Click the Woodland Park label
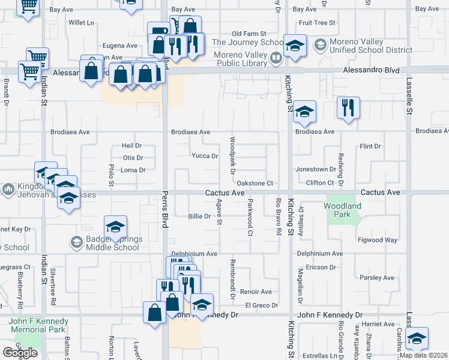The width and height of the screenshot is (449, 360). [342, 210]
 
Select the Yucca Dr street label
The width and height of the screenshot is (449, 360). [204, 156]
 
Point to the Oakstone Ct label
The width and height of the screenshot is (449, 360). [255, 183]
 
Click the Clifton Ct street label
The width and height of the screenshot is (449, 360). [319, 182]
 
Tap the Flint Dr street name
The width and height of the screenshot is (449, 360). [370, 146]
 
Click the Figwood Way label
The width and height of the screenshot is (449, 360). [378, 240]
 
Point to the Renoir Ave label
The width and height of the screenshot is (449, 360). [256, 292]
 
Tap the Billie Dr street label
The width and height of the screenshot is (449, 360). [199, 216]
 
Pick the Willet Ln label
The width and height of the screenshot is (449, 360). [82, 23]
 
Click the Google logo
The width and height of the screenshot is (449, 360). [20, 353]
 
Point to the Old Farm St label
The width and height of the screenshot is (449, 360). [248, 34]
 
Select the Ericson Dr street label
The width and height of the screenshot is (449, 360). [321, 267]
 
